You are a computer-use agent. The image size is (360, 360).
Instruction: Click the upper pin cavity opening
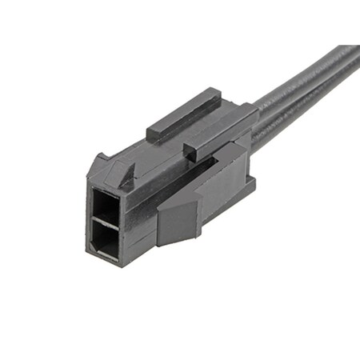coord(106,206)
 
